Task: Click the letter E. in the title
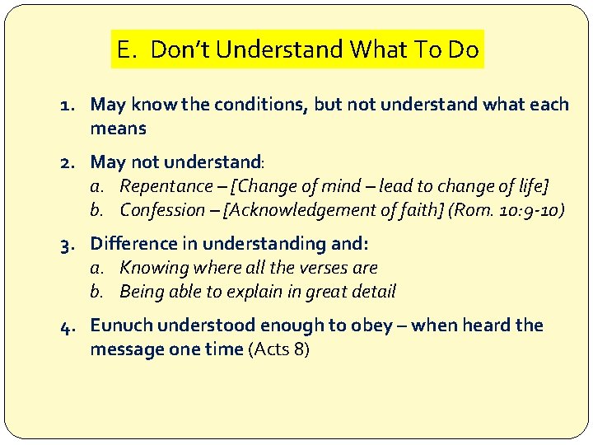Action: tap(127, 49)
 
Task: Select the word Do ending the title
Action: tap(464, 49)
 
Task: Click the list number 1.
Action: tap(68, 105)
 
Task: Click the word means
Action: tap(118, 129)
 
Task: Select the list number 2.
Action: tap(68, 162)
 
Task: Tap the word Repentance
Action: tap(166, 186)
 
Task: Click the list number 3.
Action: tap(68, 244)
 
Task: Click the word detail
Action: tap(374, 292)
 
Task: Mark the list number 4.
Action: tap(68, 326)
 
